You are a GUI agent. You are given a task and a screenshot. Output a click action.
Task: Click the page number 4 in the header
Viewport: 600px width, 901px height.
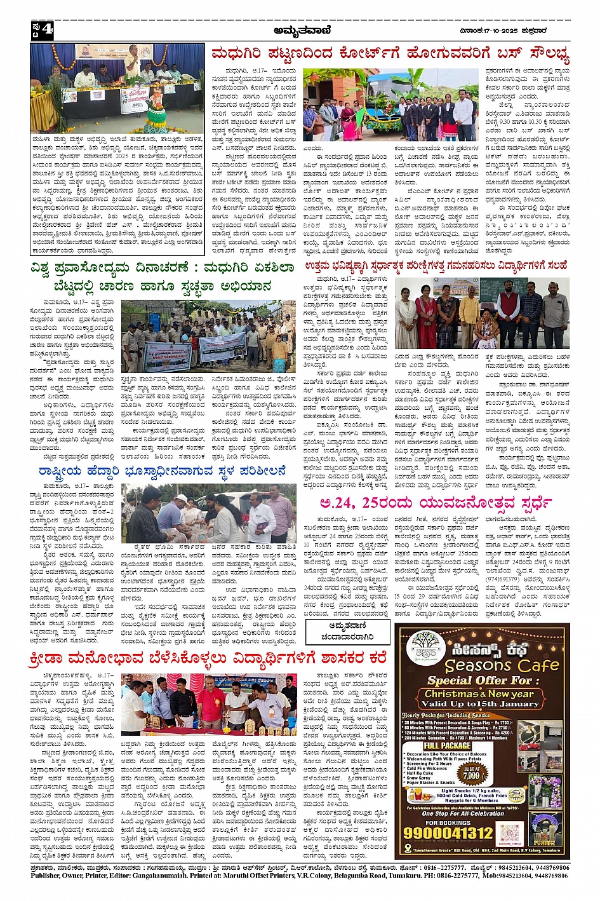(x=48, y=30)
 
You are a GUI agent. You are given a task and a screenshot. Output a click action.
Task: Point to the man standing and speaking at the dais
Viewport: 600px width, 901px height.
(x=133, y=62)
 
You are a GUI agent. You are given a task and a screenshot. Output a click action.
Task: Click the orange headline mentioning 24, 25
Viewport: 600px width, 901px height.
(x=435, y=503)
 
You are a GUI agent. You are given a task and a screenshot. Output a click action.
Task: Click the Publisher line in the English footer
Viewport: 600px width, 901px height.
(x=299, y=876)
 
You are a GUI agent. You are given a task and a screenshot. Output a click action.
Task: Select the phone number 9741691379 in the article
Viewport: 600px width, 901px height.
(x=502, y=579)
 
